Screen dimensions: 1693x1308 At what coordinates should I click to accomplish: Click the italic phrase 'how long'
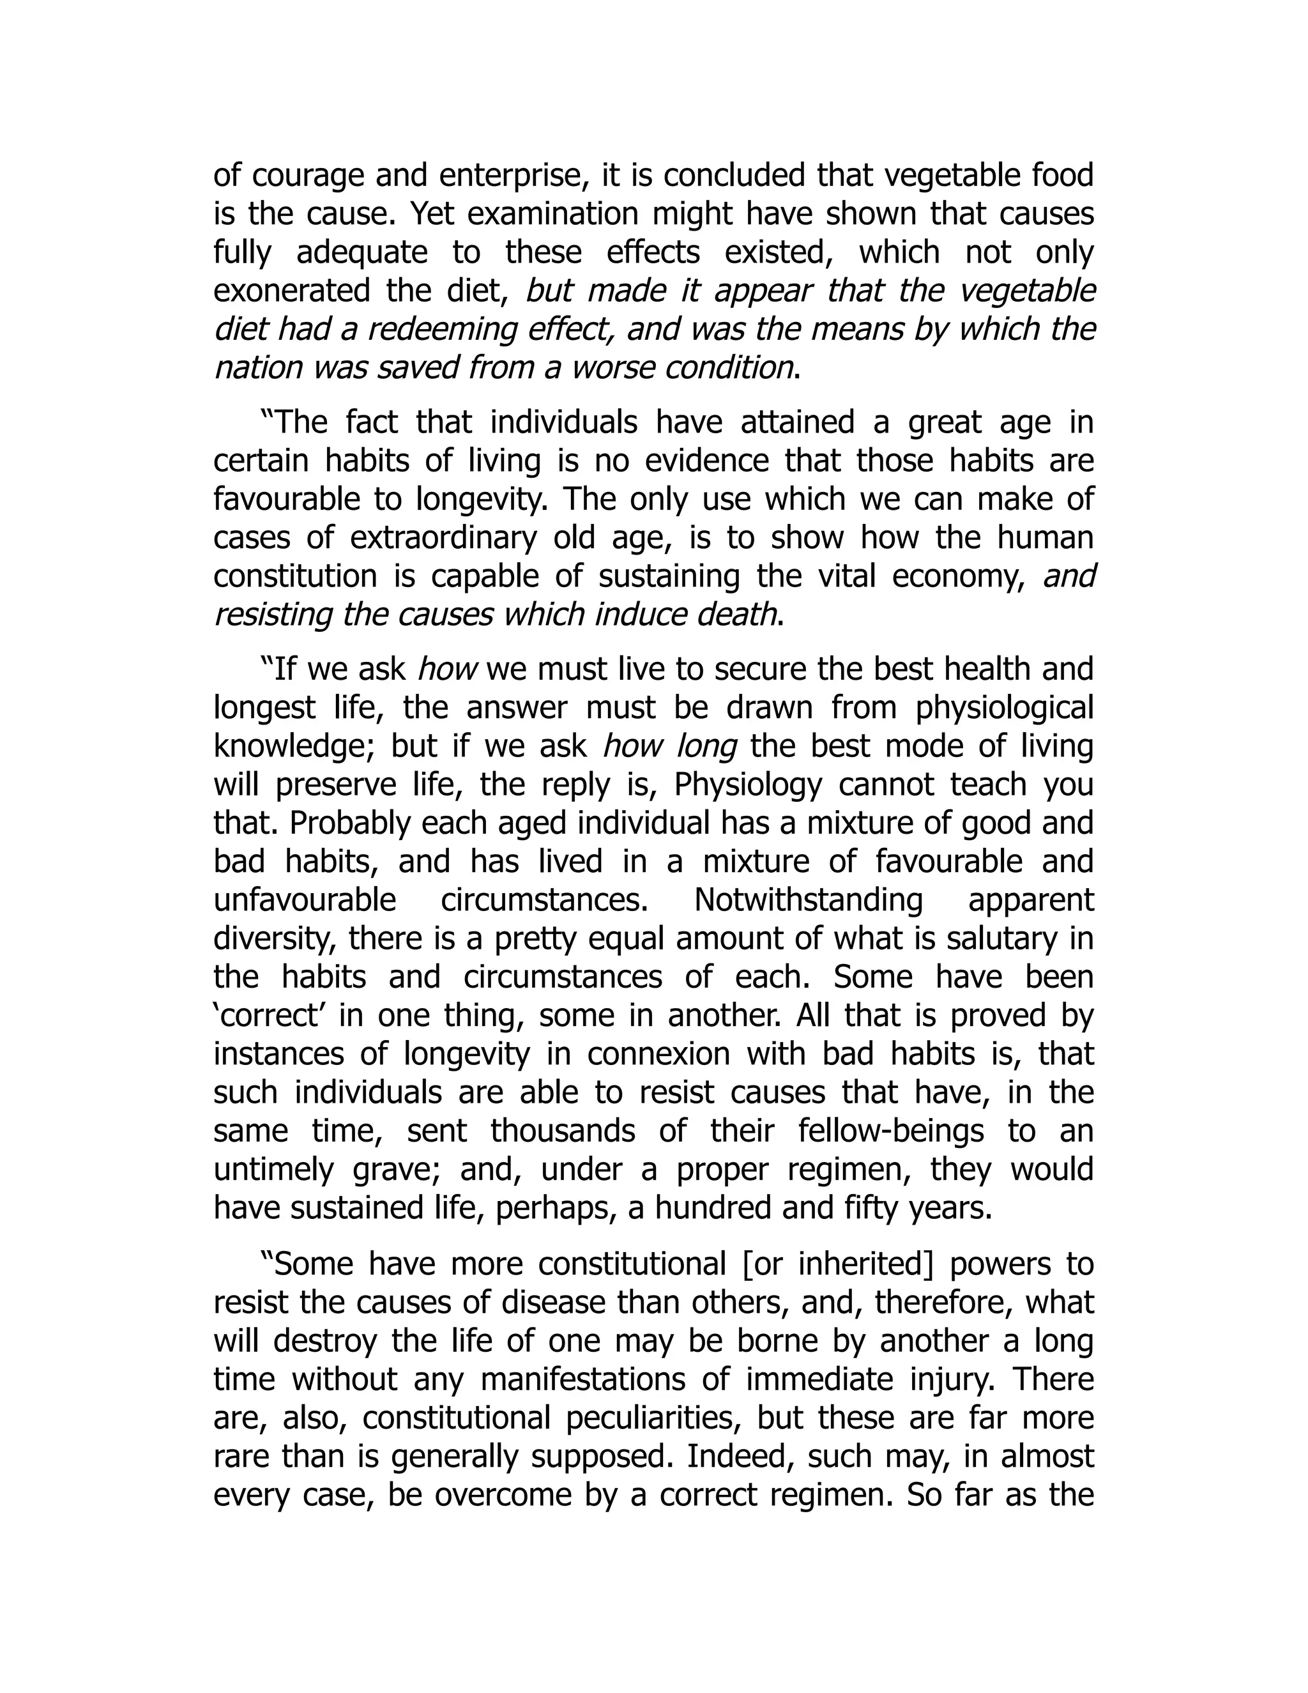[669, 746]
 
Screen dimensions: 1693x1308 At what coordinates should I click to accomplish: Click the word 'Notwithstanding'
[808, 901]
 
